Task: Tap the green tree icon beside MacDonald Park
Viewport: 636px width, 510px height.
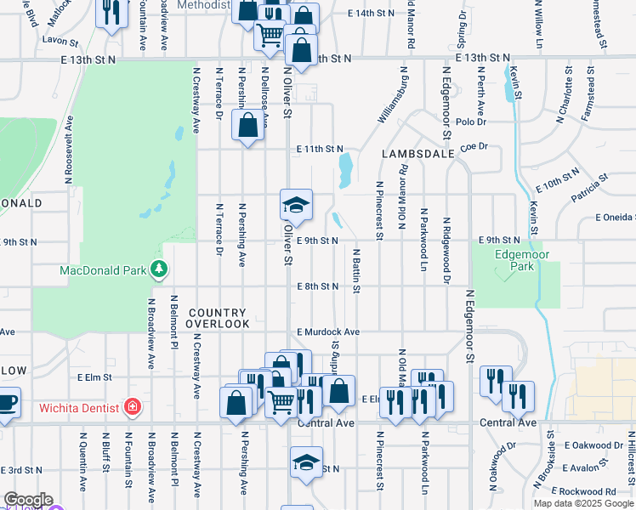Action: [x=158, y=269]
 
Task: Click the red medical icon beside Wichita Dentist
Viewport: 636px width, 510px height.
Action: [x=132, y=406]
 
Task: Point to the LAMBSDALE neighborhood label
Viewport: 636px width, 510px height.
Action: [x=414, y=154]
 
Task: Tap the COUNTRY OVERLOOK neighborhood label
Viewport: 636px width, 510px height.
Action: [x=219, y=319]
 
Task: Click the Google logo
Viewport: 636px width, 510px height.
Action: [x=27, y=500]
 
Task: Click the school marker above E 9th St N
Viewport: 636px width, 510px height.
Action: [x=296, y=205]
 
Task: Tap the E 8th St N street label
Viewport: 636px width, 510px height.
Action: [x=318, y=286]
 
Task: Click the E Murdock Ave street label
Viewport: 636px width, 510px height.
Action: [x=328, y=331]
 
